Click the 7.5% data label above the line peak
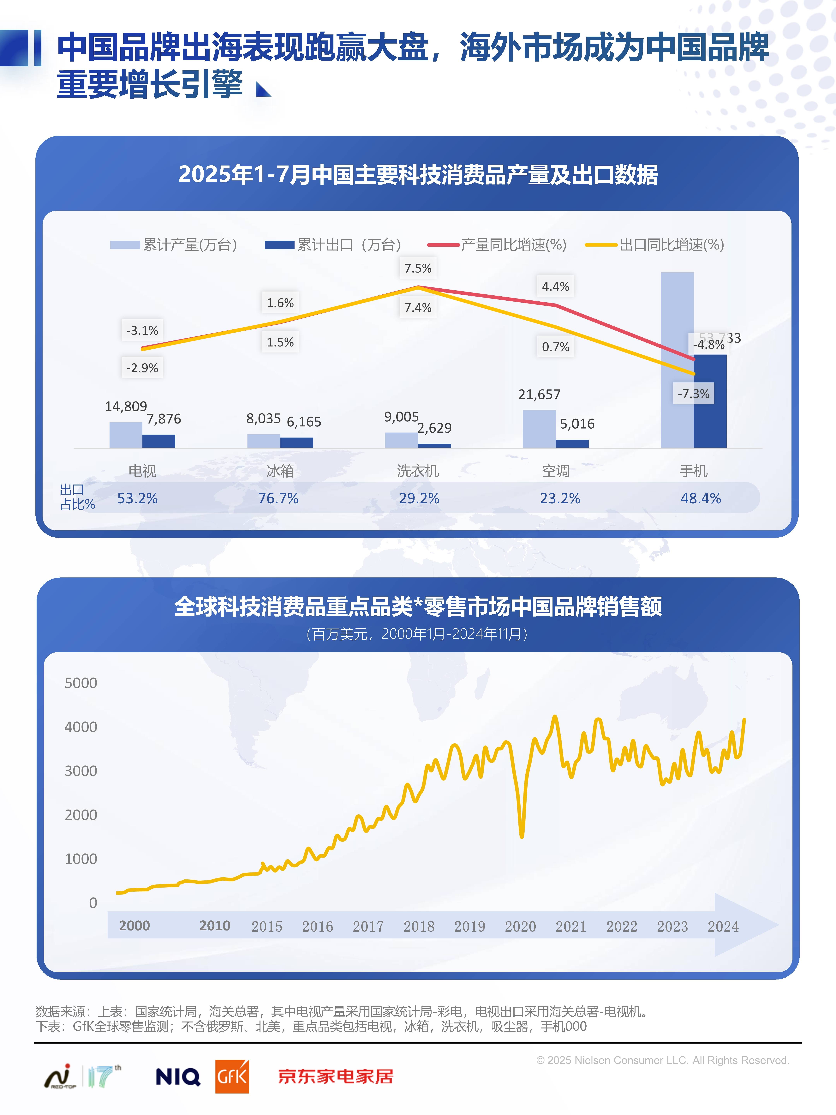point(418,268)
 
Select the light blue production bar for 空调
point(539,429)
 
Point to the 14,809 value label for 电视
point(125,406)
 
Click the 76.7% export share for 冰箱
point(278,498)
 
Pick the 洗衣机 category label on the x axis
point(418,471)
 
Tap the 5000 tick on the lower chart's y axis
point(81,683)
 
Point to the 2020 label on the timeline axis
point(520,926)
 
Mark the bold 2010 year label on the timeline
point(215,925)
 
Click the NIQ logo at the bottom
point(178,1077)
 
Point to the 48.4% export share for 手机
point(701,498)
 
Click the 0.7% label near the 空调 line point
point(555,347)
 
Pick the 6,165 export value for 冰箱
point(304,422)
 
